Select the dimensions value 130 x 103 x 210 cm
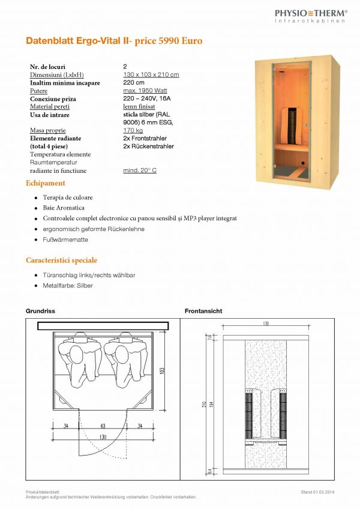coord(151,74)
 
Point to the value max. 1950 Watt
coord(143,91)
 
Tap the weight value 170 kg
coord(133,130)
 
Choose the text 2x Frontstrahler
coord(145,138)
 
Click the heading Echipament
coord(46,183)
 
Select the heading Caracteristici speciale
coord(61,261)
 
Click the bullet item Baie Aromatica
coord(64,208)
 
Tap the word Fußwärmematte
coord(65,240)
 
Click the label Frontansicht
coord(203,312)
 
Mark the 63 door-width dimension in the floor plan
coord(103,427)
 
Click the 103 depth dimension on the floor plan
coord(161,370)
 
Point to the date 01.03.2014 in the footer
coord(323,492)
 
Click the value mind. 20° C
coord(139,170)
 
